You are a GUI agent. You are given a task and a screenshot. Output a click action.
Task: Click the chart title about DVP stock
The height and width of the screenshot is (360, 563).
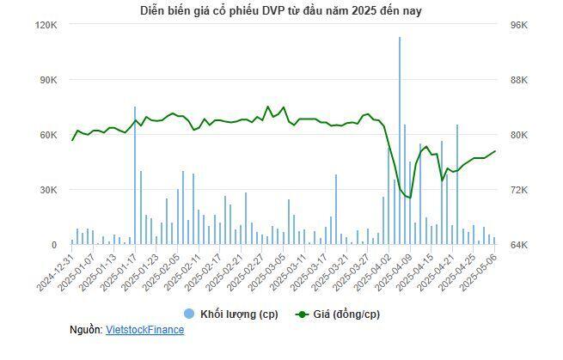tap(281, 10)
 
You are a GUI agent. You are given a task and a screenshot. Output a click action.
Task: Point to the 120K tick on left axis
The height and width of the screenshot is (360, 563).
tap(46, 25)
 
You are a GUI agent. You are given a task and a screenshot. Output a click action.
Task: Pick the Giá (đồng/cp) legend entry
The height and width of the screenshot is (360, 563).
tap(337, 314)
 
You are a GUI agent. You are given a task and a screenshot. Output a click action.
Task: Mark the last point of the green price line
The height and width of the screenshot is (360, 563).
tap(495, 151)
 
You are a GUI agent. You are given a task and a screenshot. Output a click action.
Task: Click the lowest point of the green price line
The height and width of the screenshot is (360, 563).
tap(410, 198)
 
